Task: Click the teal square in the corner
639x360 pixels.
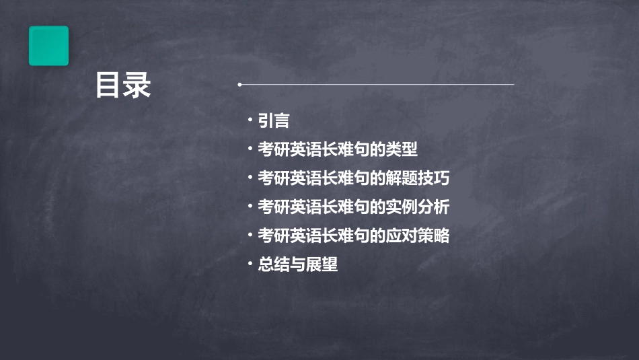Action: (48, 46)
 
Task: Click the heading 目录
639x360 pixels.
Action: (123, 86)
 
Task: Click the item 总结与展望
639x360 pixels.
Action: (298, 264)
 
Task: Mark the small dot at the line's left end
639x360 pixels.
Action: (239, 85)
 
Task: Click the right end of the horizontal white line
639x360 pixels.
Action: (513, 85)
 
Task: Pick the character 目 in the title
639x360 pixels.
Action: (108, 86)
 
